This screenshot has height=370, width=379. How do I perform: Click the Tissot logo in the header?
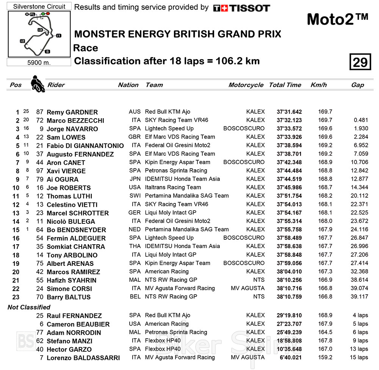[241, 8]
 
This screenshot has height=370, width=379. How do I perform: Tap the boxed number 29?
[360, 62]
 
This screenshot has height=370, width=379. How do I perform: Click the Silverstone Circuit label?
[39, 6]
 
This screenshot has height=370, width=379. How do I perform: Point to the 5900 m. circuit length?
[39, 62]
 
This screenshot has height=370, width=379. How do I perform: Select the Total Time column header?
[285, 85]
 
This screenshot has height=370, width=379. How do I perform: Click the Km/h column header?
[318, 85]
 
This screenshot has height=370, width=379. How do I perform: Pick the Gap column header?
[357, 85]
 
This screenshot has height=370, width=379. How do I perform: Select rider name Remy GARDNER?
[72, 112]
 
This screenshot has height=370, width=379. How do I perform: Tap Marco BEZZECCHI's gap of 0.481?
[360, 120]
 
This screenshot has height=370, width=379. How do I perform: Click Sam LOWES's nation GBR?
[135, 137]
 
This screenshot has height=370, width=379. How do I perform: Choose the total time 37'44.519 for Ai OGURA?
[290, 179]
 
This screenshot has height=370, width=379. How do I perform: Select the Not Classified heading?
[29, 307]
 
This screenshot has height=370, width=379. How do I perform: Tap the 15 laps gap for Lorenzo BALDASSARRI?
[357, 358]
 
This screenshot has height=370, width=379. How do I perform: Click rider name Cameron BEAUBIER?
[78, 324]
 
